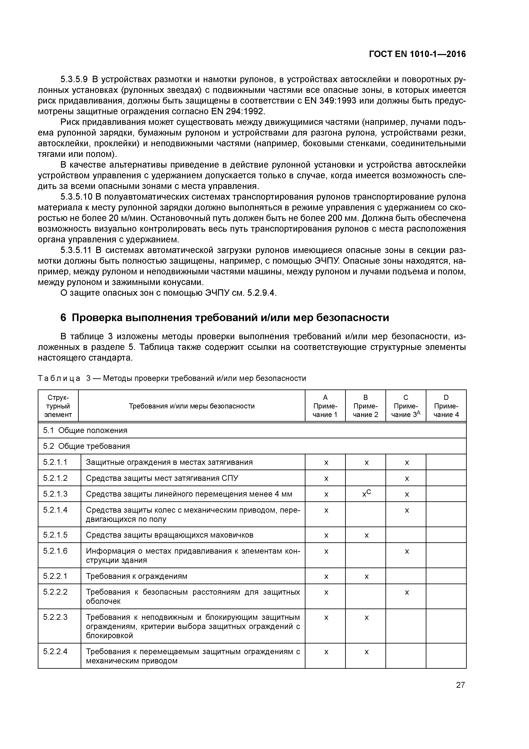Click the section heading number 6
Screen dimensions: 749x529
coord(64,317)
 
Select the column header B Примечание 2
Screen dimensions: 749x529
coord(365,406)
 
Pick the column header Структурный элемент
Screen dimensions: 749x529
coord(58,406)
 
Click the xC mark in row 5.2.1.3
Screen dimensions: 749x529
coord(366,494)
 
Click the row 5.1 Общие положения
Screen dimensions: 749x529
coord(85,430)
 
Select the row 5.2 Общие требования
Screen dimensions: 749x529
coord(87,446)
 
